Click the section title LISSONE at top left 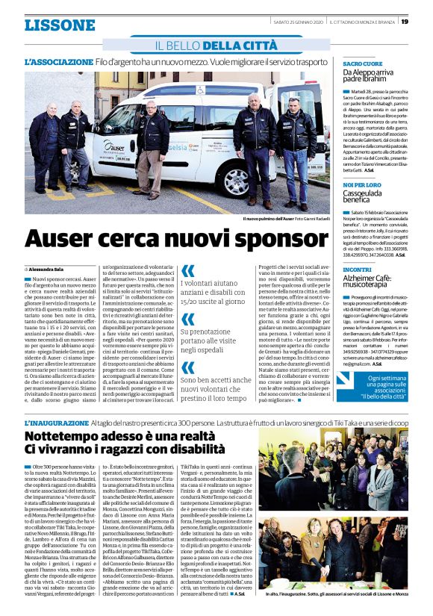[60, 25]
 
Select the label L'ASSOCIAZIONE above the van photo [60, 61]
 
